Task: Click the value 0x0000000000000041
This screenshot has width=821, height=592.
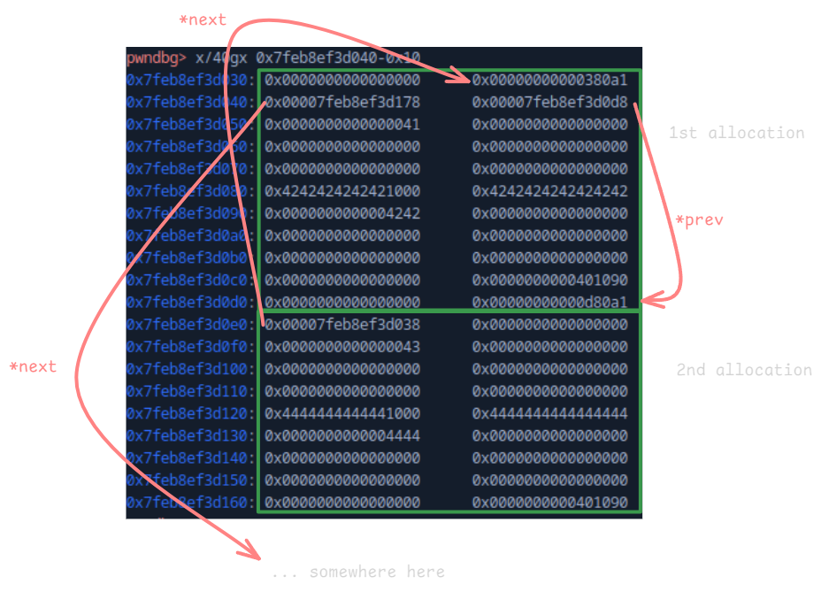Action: (342, 125)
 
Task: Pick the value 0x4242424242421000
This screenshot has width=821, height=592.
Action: (342, 191)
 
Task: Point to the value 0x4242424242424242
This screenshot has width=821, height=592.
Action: (549, 191)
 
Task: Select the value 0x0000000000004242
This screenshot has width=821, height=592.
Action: (342, 213)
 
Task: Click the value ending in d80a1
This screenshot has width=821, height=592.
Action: (549, 303)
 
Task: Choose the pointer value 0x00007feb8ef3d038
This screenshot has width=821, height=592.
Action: (342, 325)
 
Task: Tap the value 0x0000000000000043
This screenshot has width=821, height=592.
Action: (342, 347)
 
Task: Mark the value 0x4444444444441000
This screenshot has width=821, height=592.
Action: (342, 413)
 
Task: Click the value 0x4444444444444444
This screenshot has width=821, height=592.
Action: (549, 413)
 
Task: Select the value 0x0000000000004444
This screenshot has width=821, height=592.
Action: (342, 435)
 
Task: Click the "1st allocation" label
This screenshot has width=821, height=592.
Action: (736, 133)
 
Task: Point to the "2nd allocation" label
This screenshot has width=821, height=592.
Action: (743, 370)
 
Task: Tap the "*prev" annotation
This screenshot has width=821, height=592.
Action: (699, 220)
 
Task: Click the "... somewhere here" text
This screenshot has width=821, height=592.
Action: (358, 573)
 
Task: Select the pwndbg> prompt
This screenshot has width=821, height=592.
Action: (156, 58)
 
